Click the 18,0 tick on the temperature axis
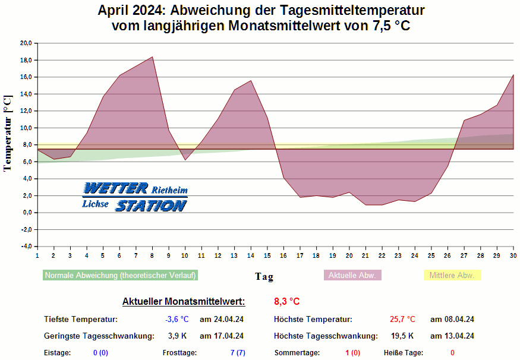pyautogui.click(x=26, y=60)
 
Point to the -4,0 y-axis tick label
pyautogui.click(x=26, y=247)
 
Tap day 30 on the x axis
pyautogui.click(x=513, y=255)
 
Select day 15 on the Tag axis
pyautogui.click(x=267, y=255)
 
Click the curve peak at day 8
pyautogui.click(x=153, y=57)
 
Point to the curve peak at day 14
pyautogui.click(x=251, y=81)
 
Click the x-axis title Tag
pyautogui.click(x=264, y=276)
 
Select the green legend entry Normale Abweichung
pyautogui.click(x=120, y=276)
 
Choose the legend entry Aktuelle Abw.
pyautogui.click(x=352, y=276)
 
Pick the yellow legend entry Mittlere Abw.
pyautogui.click(x=452, y=276)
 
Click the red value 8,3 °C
pyautogui.click(x=287, y=302)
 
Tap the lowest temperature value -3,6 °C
pyautogui.click(x=177, y=319)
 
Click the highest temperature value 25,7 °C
pyautogui.click(x=402, y=319)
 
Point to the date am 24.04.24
pyautogui.click(x=221, y=319)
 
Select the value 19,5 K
pyautogui.click(x=402, y=336)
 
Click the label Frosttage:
pyautogui.click(x=179, y=353)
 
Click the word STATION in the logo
pyautogui.click(x=151, y=206)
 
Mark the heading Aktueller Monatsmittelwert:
pyautogui.click(x=183, y=302)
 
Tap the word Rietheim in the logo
pyautogui.click(x=169, y=191)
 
